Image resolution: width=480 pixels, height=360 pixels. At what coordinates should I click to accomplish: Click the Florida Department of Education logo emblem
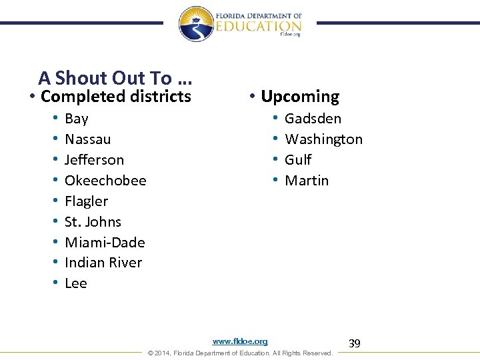pyautogui.click(x=195, y=24)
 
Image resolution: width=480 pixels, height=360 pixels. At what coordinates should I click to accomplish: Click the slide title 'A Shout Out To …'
pyautogui.click(x=115, y=78)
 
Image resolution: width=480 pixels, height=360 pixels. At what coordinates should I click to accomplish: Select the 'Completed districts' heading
pyautogui.click(x=116, y=97)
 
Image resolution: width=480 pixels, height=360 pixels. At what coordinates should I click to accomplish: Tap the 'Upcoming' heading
pyautogui.click(x=300, y=97)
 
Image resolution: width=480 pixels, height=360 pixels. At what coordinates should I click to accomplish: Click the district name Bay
pyautogui.click(x=77, y=119)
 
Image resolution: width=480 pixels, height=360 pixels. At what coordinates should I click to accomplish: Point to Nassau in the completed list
pyautogui.click(x=88, y=139)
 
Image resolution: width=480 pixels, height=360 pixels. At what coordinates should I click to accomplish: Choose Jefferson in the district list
pyautogui.click(x=94, y=160)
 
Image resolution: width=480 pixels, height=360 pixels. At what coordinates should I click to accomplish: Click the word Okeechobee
pyautogui.click(x=105, y=181)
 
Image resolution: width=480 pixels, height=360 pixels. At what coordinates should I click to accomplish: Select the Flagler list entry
pyautogui.click(x=86, y=201)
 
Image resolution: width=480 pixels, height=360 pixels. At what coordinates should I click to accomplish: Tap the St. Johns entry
pyautogui.click(x=93, y=222)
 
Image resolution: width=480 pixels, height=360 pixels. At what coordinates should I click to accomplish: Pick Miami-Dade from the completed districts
pyautogui.click(x=105, y=243)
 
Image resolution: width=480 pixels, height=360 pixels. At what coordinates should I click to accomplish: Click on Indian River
pyautogui.click(x=103, y=263)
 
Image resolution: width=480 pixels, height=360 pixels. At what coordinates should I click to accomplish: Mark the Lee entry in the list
pyautogui.click(x=76, y=283)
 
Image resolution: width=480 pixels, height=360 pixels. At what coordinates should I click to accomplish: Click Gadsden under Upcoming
pyautogui.click(x=313, y=119)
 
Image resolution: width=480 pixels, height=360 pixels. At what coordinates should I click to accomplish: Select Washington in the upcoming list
pyautogui.click(x=323, y=139)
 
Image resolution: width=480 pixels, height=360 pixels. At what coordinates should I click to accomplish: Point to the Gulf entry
pyautogui.click(x=298, y=160)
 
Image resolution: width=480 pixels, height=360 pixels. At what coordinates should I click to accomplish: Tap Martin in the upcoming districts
pyautogui.click(x=307, y=181)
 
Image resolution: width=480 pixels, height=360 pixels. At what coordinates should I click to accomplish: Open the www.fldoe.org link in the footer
pyautogui.click(x=240, y=341)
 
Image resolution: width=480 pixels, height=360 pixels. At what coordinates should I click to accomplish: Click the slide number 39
pyautogui.click(x=355, y=343)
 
